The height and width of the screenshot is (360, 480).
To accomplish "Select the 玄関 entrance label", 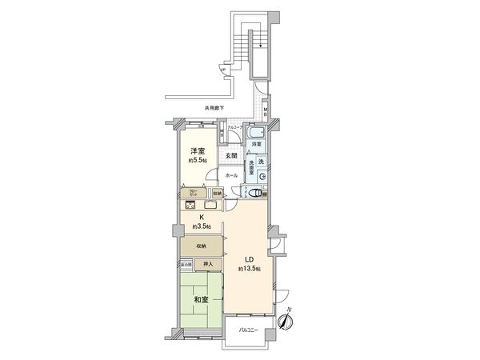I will click(230, 156).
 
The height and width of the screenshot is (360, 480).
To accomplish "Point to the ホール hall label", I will click(230, 175).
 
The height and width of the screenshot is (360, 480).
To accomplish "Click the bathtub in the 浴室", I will click(257, 133).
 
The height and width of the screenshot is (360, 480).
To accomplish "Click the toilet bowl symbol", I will click(254, 192).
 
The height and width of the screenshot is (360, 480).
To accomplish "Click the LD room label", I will click(249, 260).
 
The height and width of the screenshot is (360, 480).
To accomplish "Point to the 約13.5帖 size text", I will click(249, 270).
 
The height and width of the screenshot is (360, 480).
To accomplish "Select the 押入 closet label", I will click(206, 263).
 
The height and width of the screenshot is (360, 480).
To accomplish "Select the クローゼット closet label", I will click(194, 193).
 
